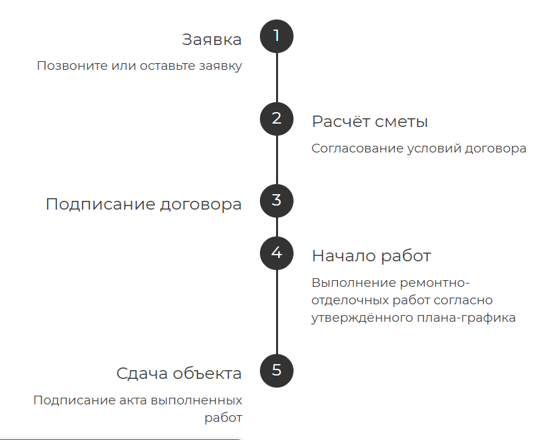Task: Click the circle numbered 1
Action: pos(277,36)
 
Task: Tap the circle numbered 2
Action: pos(277,119)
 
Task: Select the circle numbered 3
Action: pos(277,200)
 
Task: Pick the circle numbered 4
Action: pos(277,253)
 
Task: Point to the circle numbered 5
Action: pos(277,370)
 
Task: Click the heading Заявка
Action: pos(212,40)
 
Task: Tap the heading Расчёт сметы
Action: pos(369,122)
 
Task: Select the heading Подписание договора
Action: pos(143,204)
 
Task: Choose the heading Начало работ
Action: pos(371,256)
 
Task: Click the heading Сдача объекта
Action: pos(179,373)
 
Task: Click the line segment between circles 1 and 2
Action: pos(277,77)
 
